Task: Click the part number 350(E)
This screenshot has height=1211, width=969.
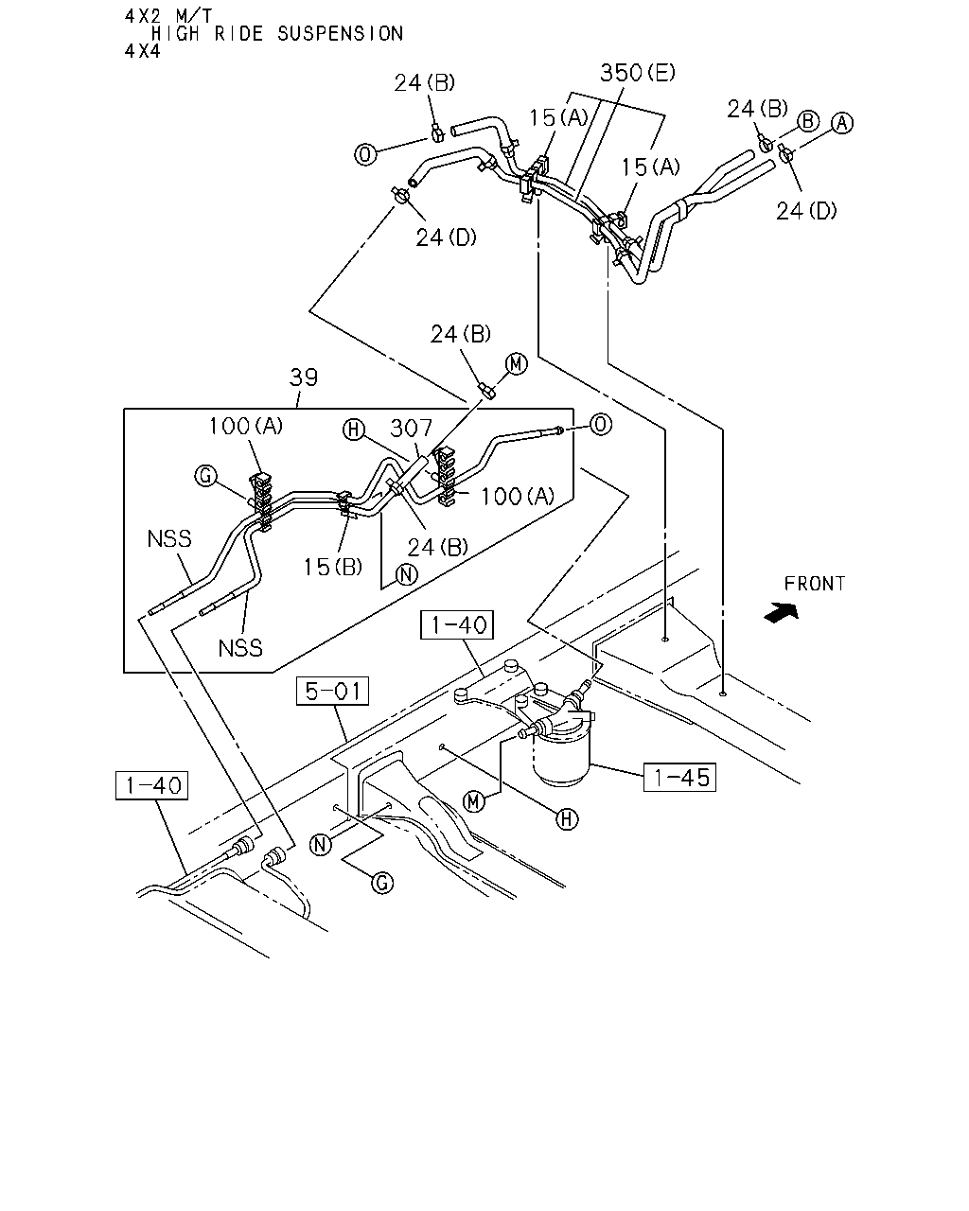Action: (638, 73)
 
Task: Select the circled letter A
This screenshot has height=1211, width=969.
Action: (843, 123)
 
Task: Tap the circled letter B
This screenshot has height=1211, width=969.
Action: (808, 121)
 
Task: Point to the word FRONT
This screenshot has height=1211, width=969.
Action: (814, 584)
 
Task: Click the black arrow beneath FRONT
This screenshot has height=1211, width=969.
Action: (781, 613)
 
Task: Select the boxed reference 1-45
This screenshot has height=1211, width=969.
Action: (680, 778)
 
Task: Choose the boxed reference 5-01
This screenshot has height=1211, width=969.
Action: (333, 691)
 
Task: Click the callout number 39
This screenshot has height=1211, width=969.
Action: (304, 377)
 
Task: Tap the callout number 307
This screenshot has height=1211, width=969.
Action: (411, 429)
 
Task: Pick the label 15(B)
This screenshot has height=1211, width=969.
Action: (333, 567)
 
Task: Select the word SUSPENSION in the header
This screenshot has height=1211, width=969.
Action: (340, 34)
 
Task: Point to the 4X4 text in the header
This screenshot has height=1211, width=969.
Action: (143, 51)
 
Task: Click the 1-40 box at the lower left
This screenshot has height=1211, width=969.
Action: (152, 785)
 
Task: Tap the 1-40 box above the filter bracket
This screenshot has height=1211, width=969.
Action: (457, 624)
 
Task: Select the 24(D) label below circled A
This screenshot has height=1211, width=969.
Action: (806, 211)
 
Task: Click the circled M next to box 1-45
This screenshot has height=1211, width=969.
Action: (473, 801)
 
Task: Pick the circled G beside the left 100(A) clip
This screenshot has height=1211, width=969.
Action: (205, 476)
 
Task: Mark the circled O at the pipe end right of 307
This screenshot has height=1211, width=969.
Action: (600, 424)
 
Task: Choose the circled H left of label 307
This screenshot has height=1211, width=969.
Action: (354, 430)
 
